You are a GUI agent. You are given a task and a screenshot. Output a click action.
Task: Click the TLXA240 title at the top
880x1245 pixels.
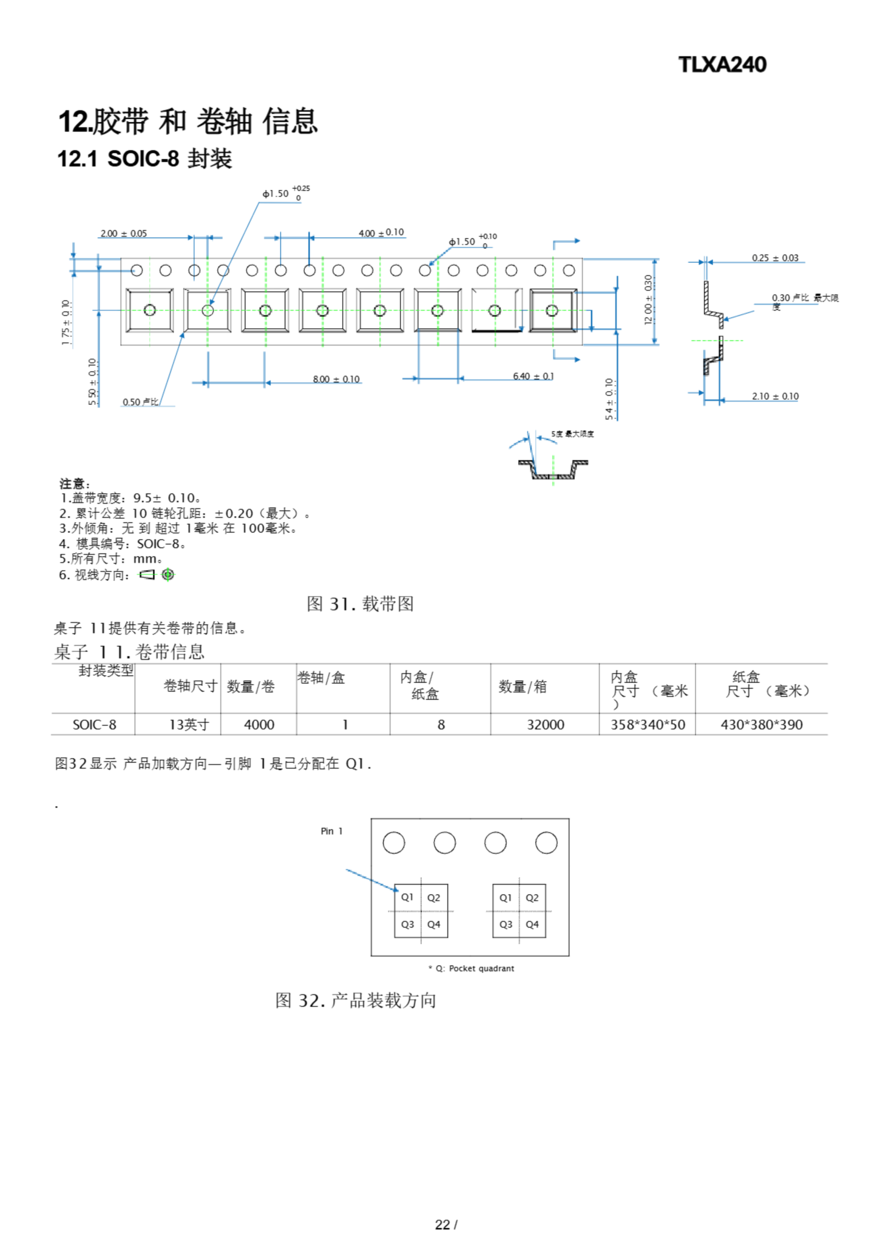tap(722, 65)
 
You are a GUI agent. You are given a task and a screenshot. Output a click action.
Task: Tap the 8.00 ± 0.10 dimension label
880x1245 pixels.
tap(335, 379)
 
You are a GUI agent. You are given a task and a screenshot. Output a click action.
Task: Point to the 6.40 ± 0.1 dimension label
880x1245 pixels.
tap(533, 376)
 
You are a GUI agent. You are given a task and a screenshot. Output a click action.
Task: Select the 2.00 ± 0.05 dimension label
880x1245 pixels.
tap(123, 234)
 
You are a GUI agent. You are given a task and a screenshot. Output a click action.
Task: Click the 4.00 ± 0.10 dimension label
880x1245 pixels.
tap(381, 232)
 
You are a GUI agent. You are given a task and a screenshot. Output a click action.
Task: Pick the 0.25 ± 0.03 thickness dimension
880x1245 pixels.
tap(775, 258)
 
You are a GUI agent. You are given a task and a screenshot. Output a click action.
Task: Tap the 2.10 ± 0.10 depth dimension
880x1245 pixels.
tap(775, 396)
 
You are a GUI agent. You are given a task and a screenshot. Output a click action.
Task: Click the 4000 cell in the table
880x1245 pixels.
tap(259, 725)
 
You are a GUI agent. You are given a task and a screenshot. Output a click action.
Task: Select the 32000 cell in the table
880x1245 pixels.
tap(546, 725)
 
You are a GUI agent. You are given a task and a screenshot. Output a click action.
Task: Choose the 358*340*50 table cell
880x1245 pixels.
tap(648, 725)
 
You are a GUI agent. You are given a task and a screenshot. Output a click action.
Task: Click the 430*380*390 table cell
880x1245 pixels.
tap(761, 725)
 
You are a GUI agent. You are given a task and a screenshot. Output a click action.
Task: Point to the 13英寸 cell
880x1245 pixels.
tap(189, 725)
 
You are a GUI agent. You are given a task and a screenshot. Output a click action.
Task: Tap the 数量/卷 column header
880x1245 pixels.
tap(250, 687)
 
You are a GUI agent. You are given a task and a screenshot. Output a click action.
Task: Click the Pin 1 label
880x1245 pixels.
tap(331, 831)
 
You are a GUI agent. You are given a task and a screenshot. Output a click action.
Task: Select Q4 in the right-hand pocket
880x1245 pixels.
tap(532, 925)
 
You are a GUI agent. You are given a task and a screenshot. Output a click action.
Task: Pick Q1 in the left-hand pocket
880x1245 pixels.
tap(407, 897)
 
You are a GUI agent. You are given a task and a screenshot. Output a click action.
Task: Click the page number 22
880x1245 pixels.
tap(442, 1225)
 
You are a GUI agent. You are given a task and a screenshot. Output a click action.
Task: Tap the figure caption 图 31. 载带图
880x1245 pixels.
tap(360, 604)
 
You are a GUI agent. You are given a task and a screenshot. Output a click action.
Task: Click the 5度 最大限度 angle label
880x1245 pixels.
tap(572, 434)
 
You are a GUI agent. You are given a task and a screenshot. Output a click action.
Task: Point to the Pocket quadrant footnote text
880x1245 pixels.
tap(475, 968)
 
